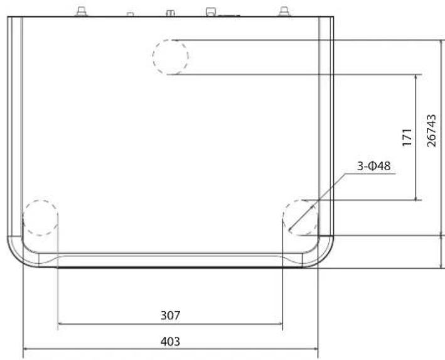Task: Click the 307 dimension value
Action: coord(170,315)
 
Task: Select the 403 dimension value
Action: coord(170,341)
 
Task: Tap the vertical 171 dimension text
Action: coord(407,138)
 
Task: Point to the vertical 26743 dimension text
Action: coord(431,131)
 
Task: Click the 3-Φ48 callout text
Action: coord(373,166)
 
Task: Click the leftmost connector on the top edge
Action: coord(82,12)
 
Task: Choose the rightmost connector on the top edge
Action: coord(284,12)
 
